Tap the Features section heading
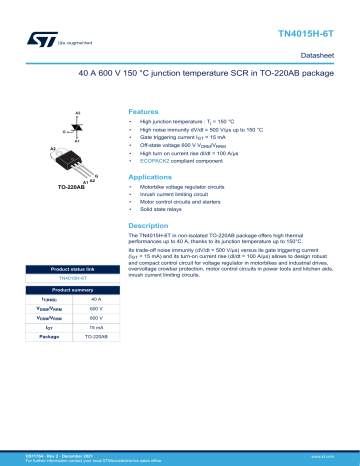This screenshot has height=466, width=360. (x=144, y=112)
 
